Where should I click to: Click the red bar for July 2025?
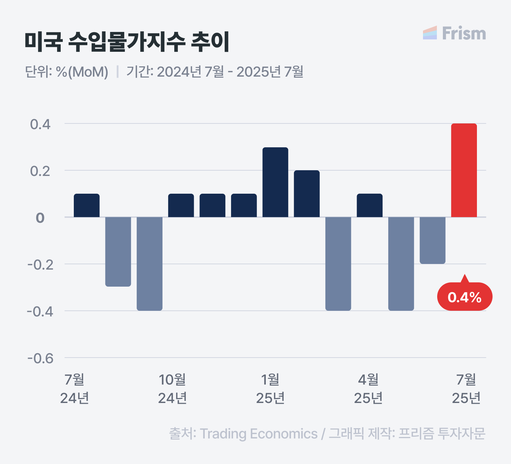[x=464, y=170]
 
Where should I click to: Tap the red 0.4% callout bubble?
[x=465, y=297]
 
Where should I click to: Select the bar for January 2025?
[x=275, y=182]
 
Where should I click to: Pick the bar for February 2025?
[x=307, y=194]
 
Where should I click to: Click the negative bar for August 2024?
[x=118, y=252]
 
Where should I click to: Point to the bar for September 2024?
[x=149, y=264]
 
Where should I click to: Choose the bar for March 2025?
[x=338, y=264]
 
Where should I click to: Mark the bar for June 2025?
[x=432, y=240]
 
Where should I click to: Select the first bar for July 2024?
[x=87, y=205]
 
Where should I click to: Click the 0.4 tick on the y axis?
[x=40, y=125]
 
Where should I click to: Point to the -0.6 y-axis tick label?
[x=40, y=358]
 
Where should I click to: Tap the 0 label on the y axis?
[x=40, y=218]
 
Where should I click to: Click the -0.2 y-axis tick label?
[x=40, y=265]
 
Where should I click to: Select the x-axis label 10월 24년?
[x=172, y=389]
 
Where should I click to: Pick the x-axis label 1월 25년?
[x=270, y=389]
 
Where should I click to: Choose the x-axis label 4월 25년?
[x=368, y=389]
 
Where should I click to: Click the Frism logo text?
[x=463, y=33]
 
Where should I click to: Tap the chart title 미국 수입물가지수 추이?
[x=127, y=42]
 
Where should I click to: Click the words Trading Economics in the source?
[x=259, y=434]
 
